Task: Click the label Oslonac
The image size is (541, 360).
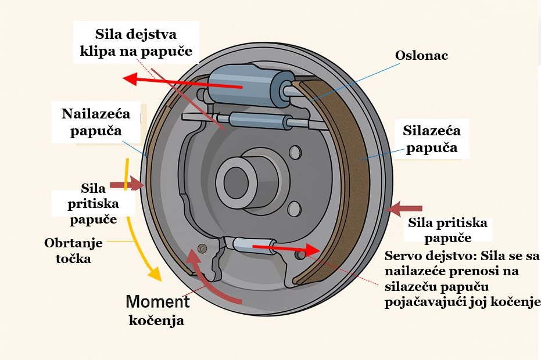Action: coord(421,56)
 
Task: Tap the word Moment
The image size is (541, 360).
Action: coord(157,302)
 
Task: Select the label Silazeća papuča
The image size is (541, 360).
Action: coord(431,139)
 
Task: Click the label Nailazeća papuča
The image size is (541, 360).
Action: coord(96,122)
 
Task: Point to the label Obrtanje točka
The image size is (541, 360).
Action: coord(73,250)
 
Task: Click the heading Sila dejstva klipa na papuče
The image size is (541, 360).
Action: coord(136,42)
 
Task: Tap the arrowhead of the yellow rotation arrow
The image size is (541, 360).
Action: coord(155,274)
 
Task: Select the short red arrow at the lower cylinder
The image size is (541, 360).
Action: coord(287,249)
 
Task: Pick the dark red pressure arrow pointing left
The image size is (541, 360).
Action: coord(404,208)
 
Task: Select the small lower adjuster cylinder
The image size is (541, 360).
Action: coord(255,245)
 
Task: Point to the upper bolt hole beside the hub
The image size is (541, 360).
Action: coord(295,152)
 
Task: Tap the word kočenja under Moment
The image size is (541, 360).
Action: coord(156,321)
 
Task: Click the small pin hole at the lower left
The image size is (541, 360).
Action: coord(202,248)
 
